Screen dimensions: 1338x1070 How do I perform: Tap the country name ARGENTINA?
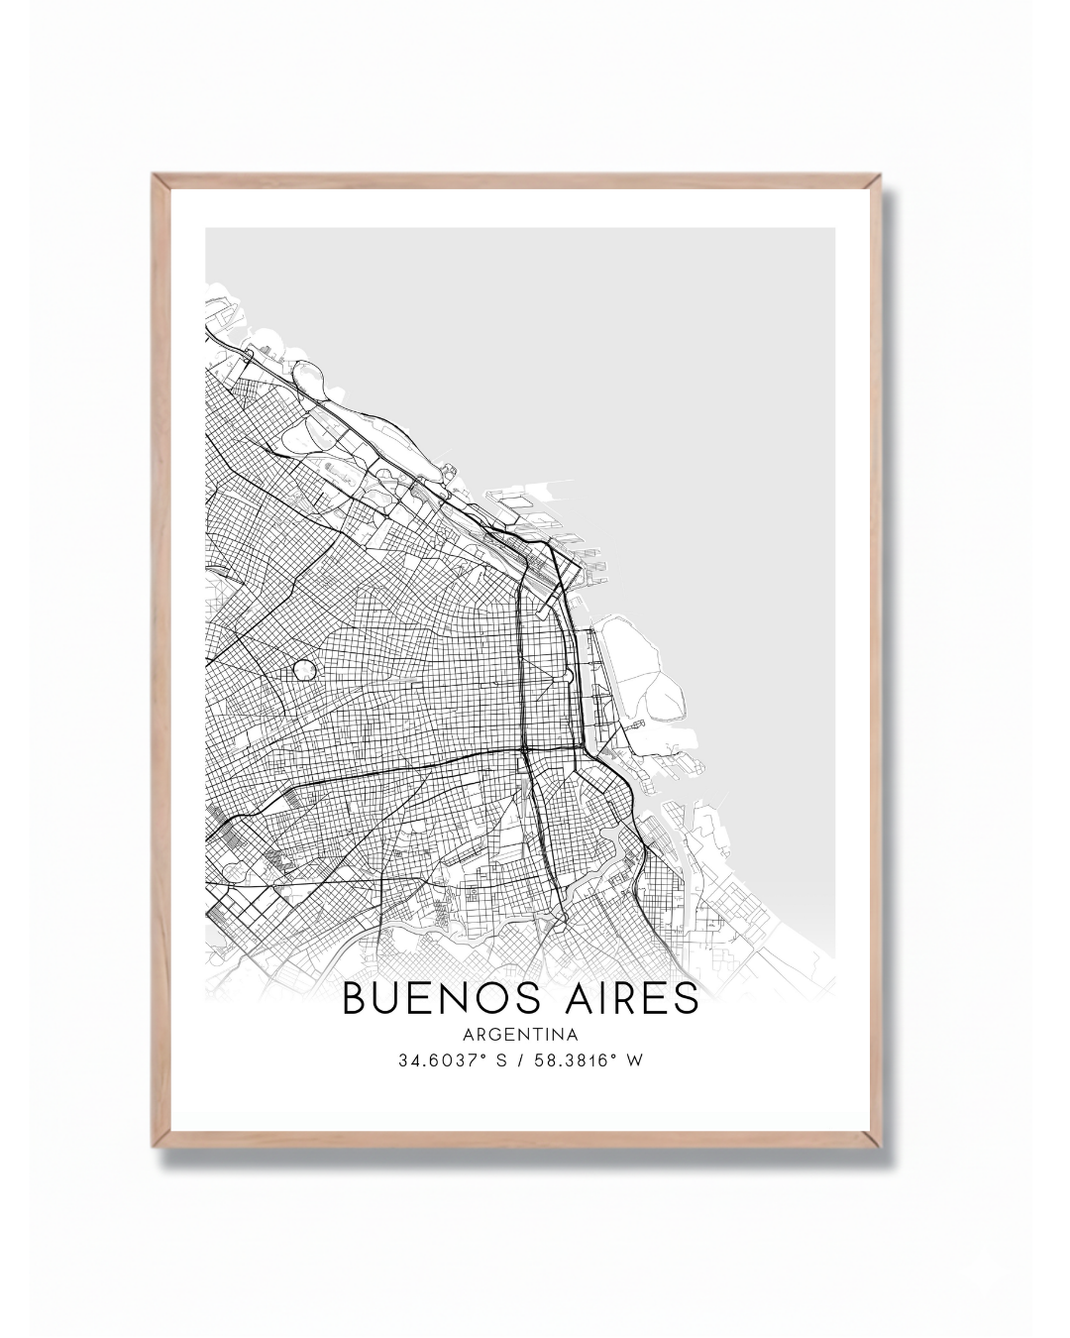(x=520, y=1036)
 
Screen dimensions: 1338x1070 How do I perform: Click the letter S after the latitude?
(x=501, y=1060)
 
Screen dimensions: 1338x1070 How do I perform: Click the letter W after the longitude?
(x=635, y=1060)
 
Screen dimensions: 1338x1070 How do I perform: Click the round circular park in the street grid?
(x=305, y=670)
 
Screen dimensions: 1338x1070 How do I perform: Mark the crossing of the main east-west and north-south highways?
(x=523, y=748)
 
